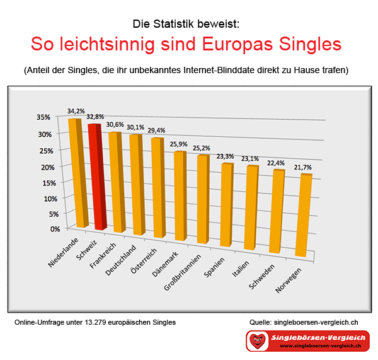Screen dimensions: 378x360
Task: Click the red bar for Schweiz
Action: pyautogui.click(x=98, y=177)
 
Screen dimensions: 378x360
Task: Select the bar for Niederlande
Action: pyautogui.click(x=78, y=173)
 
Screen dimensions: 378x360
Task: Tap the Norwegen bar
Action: pyautogui.click(x=304, y=215)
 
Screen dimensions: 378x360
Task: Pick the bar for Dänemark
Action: pyautogui.click(x=180, y=196)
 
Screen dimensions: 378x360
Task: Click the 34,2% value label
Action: pyautogui.click(x=76, y=111)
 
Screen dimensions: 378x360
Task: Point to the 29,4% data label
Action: pyautogui.click(x=156, y=131)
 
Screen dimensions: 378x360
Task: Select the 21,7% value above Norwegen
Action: pyautogui.click(x=303, y=167)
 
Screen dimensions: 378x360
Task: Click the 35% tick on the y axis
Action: pyautogui.click(x=43, y=117)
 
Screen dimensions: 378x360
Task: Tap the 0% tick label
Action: pyautogui.click(x=55, y=229)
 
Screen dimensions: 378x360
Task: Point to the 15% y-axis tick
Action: pyautogui.click(x=49, y=183)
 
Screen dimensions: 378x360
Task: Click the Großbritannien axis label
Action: pyautogui.click(x=183, y=272)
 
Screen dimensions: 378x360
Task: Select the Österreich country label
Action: pyautogui.click(x=144, y=261)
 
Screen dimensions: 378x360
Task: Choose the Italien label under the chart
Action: pyautogui.click(x=241, y=269)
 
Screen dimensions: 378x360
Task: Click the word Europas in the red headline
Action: pyautogui.click(x=238, y=44)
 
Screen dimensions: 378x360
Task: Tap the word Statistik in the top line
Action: pyautogui.click(x=173, y=24)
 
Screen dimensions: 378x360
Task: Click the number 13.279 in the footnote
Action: pyautogui.click(x=96, y=322)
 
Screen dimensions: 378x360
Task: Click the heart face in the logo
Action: pyautogui.click(x=257, y=340)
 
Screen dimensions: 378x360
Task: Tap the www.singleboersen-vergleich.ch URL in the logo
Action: pyautogui.click(x=321, y=345)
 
